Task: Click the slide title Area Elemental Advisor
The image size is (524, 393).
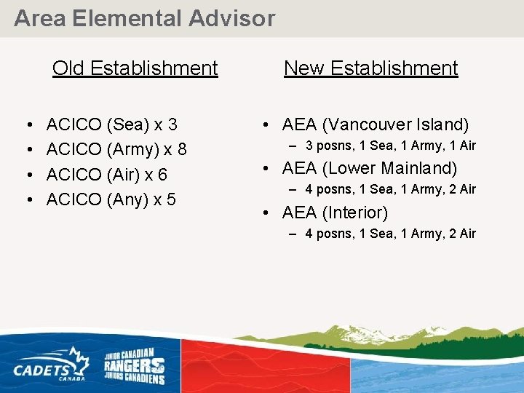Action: [145, 18]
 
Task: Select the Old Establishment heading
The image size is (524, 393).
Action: [135, 68]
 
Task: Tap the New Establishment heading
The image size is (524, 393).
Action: [370, 68]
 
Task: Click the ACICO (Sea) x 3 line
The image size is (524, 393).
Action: [111, 125]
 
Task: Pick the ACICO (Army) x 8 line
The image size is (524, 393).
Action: [116, 150]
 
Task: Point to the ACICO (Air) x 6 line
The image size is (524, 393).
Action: [107, 175]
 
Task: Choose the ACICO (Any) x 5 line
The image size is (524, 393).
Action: [111, 199]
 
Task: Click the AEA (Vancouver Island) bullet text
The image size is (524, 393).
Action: [375, 125]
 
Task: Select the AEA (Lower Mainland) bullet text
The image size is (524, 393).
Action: [369, 168]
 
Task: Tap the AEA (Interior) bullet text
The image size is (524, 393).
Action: [335, 213]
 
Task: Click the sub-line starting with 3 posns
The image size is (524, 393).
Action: [390, 146]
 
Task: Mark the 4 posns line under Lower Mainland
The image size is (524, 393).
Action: [390, 189]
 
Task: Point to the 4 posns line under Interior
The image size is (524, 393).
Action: [390, 234]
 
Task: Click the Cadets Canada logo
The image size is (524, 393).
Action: [51, 364]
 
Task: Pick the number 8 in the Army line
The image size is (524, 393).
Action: [182, 150]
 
